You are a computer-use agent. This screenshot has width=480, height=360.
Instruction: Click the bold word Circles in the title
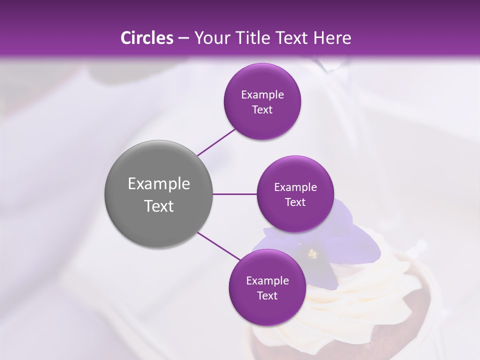146,38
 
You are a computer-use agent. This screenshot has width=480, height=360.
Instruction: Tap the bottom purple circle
267,310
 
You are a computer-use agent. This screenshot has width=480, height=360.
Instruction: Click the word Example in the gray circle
158,184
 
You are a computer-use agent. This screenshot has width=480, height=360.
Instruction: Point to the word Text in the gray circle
158,206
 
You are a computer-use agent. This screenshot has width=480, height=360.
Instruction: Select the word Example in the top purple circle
262,95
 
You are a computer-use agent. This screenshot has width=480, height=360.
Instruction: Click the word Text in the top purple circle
262,110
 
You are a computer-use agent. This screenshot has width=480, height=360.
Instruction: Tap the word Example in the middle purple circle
295,187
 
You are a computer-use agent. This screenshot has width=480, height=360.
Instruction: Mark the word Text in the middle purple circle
295,202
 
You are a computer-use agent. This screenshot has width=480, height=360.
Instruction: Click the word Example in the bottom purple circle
267,281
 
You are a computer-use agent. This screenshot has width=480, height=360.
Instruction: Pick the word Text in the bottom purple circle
267,296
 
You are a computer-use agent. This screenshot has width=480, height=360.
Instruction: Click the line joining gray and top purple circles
216,142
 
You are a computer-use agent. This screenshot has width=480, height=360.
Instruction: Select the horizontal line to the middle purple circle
235,194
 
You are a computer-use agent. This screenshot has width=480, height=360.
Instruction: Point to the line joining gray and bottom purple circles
219,246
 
